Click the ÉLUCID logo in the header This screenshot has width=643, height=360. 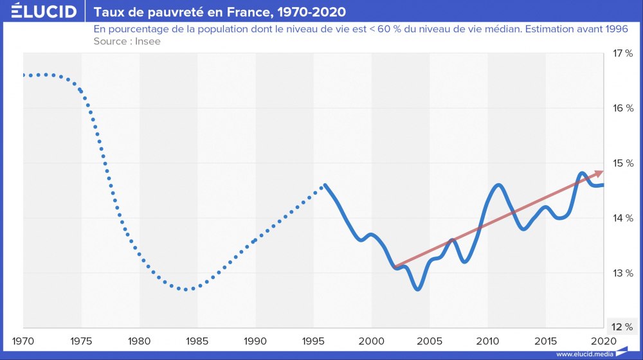click(40, 12)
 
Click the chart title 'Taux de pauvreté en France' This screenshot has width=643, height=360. click(219, 12)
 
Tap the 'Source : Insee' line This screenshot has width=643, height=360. click(127, 41)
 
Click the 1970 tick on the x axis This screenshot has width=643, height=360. click(24, 339)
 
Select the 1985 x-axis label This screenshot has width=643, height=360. click(197, 339)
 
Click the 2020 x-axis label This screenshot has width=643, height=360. click(603, 339)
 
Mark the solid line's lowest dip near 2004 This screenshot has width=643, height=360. click(418, 289)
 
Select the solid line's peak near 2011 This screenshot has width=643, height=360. click(499, 185)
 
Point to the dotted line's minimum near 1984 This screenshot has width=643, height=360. click(186, 289)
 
